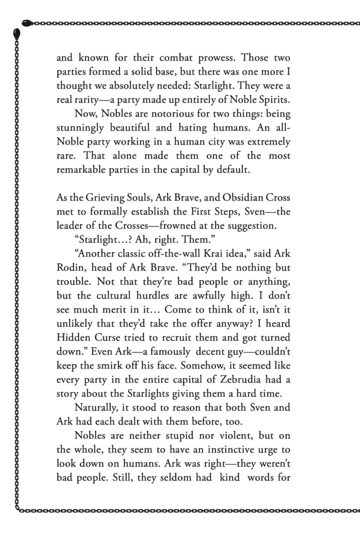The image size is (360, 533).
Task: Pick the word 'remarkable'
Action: pyautogui.click(x=82, y=169)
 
